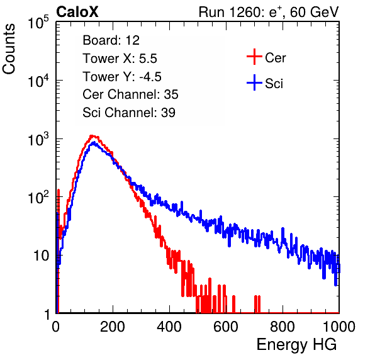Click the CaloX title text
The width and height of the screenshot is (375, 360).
tap(77, 12)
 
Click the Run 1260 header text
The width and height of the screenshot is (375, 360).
tap(269, 12)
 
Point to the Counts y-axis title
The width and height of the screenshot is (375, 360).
tap(9, 49)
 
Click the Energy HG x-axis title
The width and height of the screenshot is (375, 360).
tap(296, 345)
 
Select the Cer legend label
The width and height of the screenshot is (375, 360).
tap(275, 58)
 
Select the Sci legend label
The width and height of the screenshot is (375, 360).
tap(274, 84)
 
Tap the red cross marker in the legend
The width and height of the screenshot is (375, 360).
tap(254, 57)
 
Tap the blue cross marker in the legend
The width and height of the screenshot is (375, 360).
tap(254, 82)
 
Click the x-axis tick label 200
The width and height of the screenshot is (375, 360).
tap(113, 327)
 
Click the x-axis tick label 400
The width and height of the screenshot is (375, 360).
tap(169, 327)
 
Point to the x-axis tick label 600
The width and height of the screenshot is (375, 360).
tap(226, 327)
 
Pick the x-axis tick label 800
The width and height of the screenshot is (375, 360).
tap(283, 327)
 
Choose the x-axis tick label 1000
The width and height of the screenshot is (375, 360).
tap(339, 327)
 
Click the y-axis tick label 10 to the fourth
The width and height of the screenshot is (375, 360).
tap(38, 81)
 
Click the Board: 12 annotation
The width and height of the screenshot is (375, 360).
tap(111, 40)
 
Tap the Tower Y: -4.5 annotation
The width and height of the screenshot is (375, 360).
tap(122, 77)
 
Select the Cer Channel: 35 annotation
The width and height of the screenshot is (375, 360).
tap(130, 94)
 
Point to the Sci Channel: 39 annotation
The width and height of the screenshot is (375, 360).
tap(129, 113)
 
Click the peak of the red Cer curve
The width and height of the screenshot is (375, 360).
tap(92, 136)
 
